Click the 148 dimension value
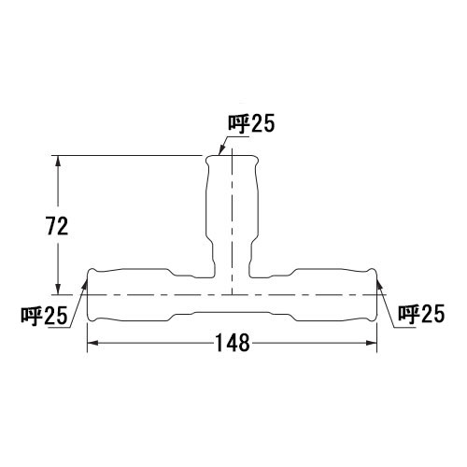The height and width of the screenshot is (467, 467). [x=233, y=343]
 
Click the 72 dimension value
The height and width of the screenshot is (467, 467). [x=57, y=226]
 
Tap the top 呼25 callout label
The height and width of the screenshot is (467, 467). [x=251, y=123]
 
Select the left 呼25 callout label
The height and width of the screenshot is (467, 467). [x=44, y=316]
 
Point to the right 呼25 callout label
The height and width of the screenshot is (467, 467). [x=421, y=314]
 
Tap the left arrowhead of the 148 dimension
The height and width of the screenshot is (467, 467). [x=93, y=343]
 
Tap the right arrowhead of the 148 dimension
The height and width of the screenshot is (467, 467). [x=371, y=343]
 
